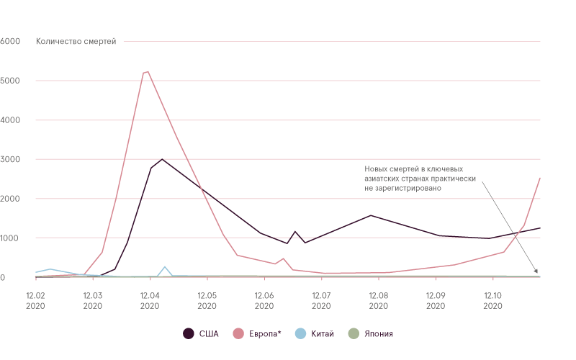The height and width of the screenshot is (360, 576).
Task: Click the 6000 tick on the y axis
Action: pos(9,41)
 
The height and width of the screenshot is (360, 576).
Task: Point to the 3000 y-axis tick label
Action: pos(9,159)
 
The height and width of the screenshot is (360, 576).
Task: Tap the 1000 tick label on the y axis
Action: pos(9,238)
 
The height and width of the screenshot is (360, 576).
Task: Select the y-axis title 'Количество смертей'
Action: pos(76,41)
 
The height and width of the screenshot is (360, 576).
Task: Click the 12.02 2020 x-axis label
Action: pos(35,300)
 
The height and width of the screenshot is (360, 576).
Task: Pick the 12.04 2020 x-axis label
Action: pos(150,300)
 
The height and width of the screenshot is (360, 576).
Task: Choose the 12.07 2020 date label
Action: pos(321,300)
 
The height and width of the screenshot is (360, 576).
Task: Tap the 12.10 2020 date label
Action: pos(492,300)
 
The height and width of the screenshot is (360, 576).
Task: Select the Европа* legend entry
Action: pos(259,333)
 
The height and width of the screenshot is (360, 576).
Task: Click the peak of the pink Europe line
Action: pos(147,71)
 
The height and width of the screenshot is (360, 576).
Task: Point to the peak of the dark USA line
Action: pos(163,158)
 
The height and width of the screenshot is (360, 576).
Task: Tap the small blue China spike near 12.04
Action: pos(166,267)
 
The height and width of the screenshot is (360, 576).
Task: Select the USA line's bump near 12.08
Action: pos(371,215)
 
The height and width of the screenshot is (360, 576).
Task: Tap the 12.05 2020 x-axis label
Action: pos(207,300)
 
